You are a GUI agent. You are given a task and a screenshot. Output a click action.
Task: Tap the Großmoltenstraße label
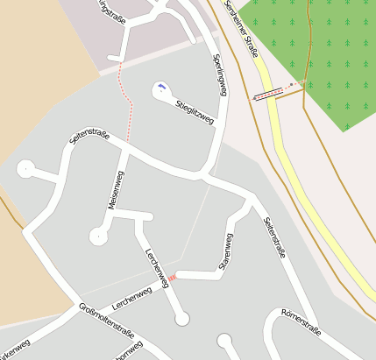pos(106,321)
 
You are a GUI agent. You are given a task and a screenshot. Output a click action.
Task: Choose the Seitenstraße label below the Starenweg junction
pos(274,238)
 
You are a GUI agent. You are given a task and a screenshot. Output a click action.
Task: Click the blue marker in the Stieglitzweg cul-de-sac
pos(161,87)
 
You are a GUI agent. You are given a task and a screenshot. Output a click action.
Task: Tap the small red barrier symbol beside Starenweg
pos(173,278)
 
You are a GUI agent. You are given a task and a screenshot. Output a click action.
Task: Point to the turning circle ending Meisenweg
pos(98,236)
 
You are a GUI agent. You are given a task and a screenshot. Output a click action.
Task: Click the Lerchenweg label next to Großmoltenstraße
pos(138,299)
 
